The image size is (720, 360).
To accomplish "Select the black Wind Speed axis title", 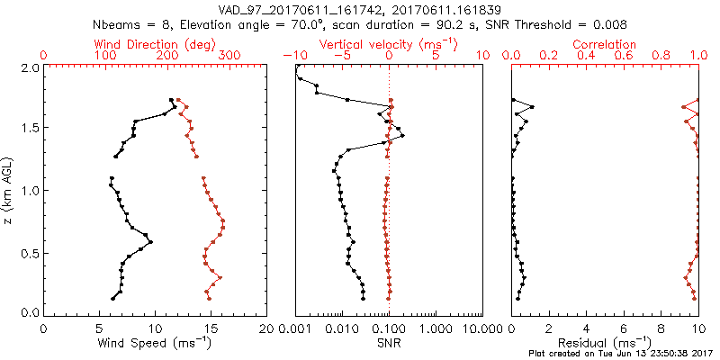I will click(154, 342).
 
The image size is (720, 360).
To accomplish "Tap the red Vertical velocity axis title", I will click(388, 44).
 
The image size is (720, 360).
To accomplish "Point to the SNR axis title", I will click(388, 342).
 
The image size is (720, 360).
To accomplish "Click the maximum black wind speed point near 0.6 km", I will click(150, 242).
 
